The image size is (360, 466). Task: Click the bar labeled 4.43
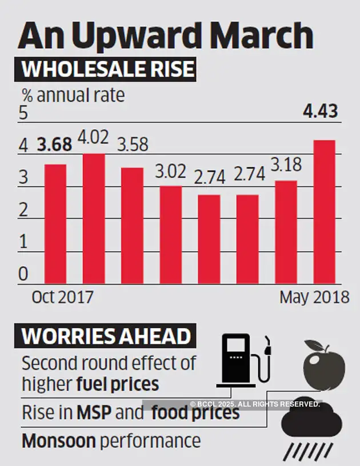coord(324,212)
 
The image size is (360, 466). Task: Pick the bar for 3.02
coord(171,235)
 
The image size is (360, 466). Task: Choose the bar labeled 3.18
coord(286,232)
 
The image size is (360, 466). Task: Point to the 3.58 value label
coord(133,144)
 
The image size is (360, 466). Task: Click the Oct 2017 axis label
coord(62,298)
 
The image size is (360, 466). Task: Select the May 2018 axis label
coord(314,298)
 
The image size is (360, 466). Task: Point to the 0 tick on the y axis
coord(23,275)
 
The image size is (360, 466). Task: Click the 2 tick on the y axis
coord(23,210)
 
